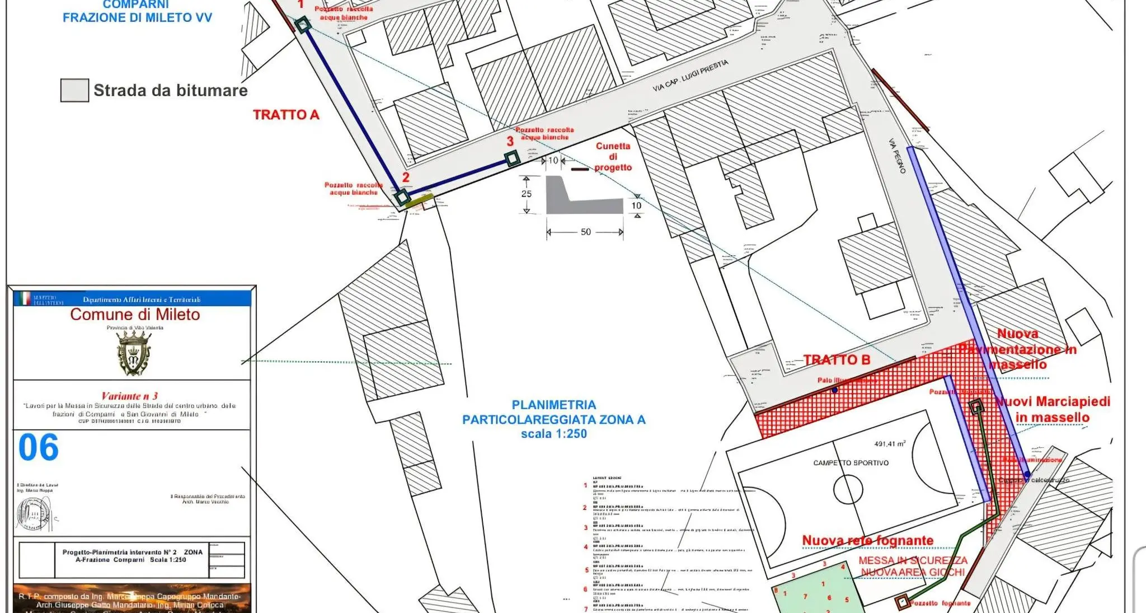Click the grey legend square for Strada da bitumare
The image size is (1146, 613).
click(74, 90)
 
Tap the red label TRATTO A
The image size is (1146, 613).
click(286, 115)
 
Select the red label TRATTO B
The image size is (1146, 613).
click(837, 360)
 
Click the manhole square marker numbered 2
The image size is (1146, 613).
click(402, 197)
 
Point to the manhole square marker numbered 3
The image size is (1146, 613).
click(512, 159)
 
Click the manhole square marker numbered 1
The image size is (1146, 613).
click(303, 25)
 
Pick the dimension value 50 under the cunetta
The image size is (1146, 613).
click(585, 232)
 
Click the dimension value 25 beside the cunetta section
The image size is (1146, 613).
click(526, 194)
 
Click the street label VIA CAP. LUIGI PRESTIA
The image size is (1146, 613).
click(690, 76)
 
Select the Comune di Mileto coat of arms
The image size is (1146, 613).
click(134, 353)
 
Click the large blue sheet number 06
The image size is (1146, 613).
click(38, 448)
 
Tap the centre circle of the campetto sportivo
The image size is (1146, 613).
click(848, 489)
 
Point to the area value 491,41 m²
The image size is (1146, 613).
click(890, 444)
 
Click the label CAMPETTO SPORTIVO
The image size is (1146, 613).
click(851, 463)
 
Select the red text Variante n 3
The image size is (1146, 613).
click(129, 396)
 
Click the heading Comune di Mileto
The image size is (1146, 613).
click(135, 315)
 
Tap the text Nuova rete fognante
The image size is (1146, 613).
click(867, 540)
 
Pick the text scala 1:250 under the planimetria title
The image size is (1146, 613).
click(553, 434)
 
